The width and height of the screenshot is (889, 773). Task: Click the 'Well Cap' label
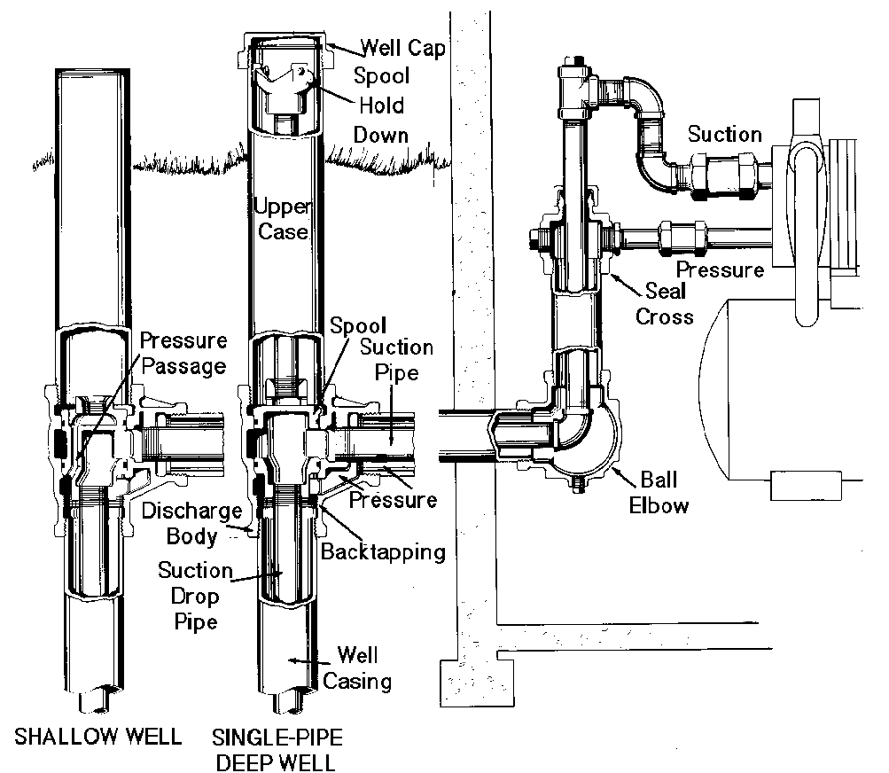click(x=402, y=48)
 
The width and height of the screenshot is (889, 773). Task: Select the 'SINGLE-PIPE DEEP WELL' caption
click(x=277, y=749)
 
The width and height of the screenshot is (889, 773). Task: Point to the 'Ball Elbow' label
click(x=659, y=492)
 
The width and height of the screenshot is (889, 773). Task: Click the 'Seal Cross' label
click(x=665, y=303)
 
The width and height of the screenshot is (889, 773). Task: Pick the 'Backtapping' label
click(x=383, y=551)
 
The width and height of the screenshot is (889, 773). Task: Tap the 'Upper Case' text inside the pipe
click(x=283, y=219)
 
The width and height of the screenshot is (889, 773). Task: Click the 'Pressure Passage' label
click(x=183, y=353)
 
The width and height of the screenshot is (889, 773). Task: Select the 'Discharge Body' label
click(x=191, y=523)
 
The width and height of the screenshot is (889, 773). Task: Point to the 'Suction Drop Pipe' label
click(x=196, y=596)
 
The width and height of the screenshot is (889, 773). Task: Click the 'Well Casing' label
click(x=357, y=668)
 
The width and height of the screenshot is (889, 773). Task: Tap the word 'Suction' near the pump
click(x=724, y=134)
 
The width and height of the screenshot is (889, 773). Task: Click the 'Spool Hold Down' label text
click(x=380, y=105)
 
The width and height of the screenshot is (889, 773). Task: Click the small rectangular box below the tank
click(x=806, y=486)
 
